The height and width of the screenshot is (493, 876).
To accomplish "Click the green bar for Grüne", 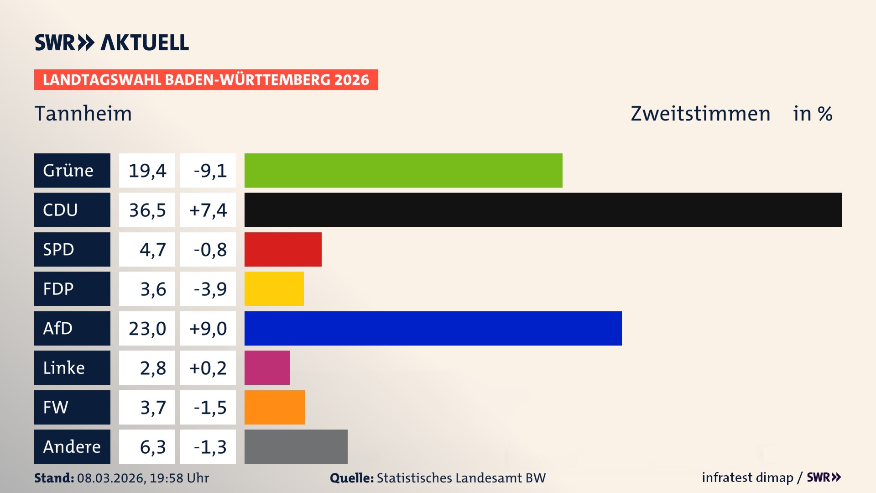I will (403, 170).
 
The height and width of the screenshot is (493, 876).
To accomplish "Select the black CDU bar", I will (543, 210).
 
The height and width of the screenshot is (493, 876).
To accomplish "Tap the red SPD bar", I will (283, 249).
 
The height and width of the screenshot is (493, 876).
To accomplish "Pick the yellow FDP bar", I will (274, 288).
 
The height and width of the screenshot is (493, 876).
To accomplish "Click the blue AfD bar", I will (433, 328).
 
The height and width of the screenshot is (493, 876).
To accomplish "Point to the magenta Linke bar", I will (267, 367).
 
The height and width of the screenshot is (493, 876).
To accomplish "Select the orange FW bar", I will (275, 407).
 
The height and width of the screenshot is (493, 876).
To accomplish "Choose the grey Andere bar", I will (296, 446).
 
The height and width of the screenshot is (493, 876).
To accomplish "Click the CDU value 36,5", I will (147, 210).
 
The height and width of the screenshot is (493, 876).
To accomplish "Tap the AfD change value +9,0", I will (208, 329).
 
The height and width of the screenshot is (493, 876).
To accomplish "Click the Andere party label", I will (72, 446).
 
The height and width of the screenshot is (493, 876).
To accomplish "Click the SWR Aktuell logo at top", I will (111, 42).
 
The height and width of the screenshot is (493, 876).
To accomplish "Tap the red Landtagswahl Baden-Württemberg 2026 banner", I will (206, 80).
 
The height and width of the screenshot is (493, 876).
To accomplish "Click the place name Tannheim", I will (83, 113).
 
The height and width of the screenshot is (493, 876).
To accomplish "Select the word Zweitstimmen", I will (700, 113).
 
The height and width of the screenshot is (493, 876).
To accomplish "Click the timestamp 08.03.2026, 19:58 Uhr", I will (143, 478).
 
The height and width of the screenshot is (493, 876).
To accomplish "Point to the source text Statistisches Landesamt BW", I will (461, 478).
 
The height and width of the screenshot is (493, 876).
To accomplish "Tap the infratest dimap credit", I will (747, 477).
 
